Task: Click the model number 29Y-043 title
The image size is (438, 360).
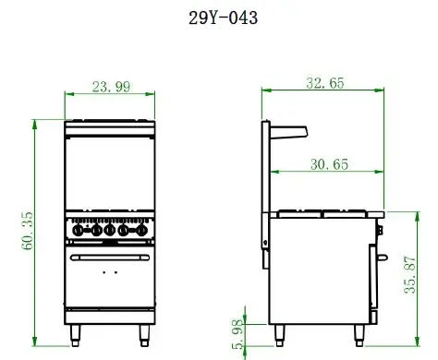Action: [x=218, y=18]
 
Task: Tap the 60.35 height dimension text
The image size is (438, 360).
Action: [x=28, y=229]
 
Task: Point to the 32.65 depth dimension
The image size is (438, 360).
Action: [x=324, y=83]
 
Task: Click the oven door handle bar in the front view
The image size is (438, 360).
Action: [x=109, y=258]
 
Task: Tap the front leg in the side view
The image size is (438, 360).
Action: [x=362, y=332]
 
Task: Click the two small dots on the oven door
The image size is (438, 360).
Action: [x=109, y=274]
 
